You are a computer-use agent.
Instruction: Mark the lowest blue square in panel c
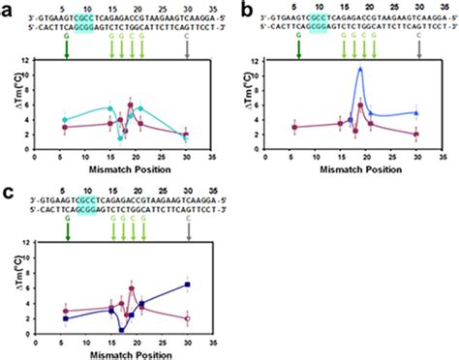pos(121,330)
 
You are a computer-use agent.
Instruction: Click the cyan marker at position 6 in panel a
pos(65,120)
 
